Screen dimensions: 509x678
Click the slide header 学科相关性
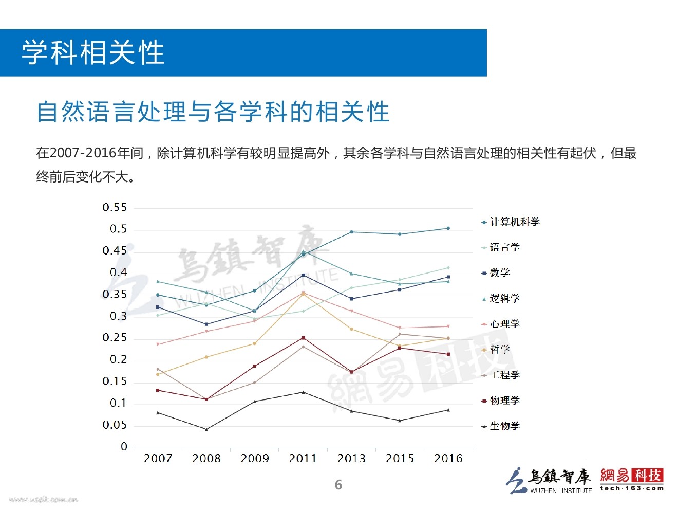(x=93, y=53)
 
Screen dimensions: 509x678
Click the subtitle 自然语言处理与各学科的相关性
(x=213, y=112)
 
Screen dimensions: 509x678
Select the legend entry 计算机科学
(x=514, y=222)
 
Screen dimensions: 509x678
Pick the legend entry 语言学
(x=504, y=247)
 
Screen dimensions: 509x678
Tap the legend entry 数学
(x=499, y=273)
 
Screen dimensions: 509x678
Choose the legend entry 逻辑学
(x=504, y=299)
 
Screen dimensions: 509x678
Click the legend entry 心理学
(x=504, y=324)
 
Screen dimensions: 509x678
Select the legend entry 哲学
(x=499, y=350)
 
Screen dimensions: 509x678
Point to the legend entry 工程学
(x=504, y=375)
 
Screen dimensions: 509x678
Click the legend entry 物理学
(x=504, y=401)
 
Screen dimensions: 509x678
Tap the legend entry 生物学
(x=504, y=426)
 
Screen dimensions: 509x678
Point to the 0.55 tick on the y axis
(x=115, y=208)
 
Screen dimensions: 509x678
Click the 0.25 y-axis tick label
(x=115, y=338)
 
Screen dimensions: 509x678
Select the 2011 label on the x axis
(x=303, y=459)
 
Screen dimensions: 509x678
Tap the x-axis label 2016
(x=448, y=459)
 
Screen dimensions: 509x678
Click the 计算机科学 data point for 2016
(x=448, y=228)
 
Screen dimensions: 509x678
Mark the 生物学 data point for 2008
(x=206, y=429)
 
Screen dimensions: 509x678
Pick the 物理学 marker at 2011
(x=303, y=338)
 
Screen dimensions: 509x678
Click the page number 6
(x=338, y=485)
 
